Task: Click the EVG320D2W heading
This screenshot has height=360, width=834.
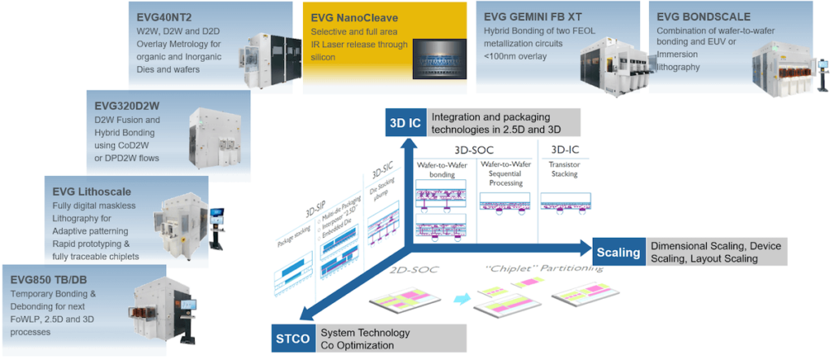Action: pos(127,105)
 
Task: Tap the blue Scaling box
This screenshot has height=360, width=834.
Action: pos(618,252)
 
